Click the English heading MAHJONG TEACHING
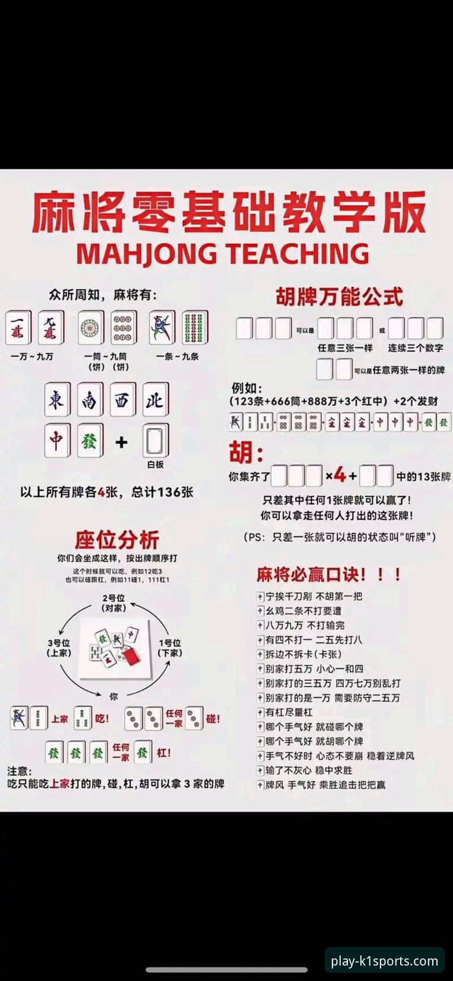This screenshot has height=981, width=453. pyautogui.click(x=223, y=254)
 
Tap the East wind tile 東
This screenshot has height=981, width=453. pyautogui.click(x=57, y=399)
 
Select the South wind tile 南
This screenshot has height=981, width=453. pyautogui.click(x=90, y=399)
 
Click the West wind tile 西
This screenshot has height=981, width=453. pyautogui.click(x=122, y=399)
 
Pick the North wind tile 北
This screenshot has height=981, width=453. pyautogui.click(x=155, y=399)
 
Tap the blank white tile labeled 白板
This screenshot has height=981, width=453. pyautogui.click(x=155, y=440)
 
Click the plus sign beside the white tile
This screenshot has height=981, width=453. pyautogui.click(x=122, y=441)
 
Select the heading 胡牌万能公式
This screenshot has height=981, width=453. pyautogui.click(x=339, y=296)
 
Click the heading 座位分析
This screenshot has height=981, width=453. pyautogui.click(x=116, y=540)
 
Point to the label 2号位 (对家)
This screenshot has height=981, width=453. pyautogui.click(x=113, y=603)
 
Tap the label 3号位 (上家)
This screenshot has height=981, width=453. pyautogui.click(x=59, y=648)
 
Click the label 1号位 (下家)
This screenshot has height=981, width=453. pyautogui.click(x=170, y=648)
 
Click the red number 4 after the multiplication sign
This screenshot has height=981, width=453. pyautogui.click(x=340, y=475)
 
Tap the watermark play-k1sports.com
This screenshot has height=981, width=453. pyautogui.click(x=384, y=961)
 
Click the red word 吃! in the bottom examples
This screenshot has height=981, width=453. pyautogui.click(x=102, y=718)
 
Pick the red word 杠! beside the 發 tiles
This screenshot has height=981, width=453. pyautogui.click(x=164, y=752)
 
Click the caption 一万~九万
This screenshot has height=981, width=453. pyautogui.click(x=32, y=357)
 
